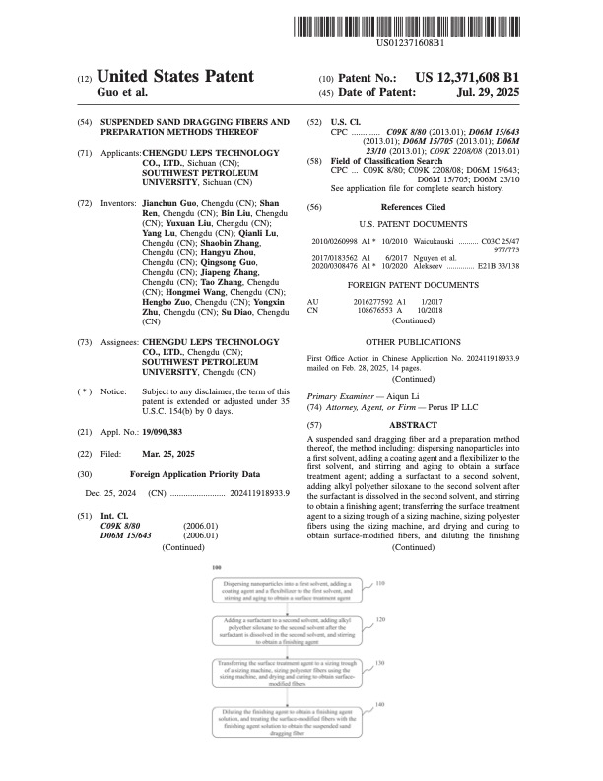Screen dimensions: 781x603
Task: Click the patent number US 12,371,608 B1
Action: pyautogui.click(x=468, y=77)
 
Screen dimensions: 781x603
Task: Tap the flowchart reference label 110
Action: pyautogui.click(x=381, y=583)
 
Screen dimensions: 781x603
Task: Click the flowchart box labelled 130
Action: pyautogui.click(x=286, y=672)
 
